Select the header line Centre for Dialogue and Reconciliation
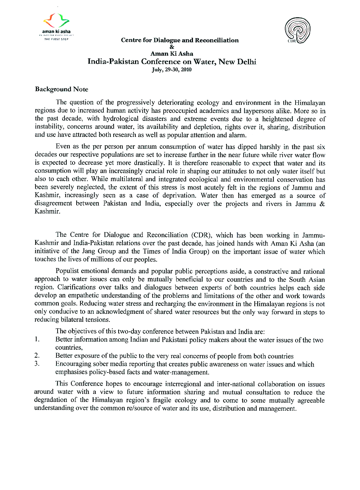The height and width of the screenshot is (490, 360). coord(180,40)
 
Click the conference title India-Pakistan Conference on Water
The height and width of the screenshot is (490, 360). coord(172,61)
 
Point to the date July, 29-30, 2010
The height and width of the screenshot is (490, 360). coord(172,70)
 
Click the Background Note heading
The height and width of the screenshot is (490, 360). coord(61,89)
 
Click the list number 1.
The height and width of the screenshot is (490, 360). coord(37,339)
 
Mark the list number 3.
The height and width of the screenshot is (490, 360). coord(37,364)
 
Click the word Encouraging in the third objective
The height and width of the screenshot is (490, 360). coord(72,364)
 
